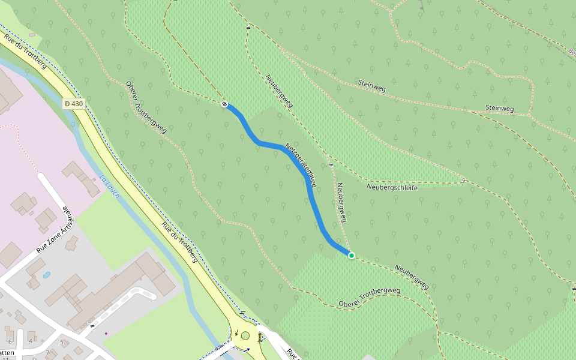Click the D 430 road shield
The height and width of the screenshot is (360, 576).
[74, 104]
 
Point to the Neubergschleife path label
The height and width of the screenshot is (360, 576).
[392, 187]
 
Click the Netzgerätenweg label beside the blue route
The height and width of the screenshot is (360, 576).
[301, 164]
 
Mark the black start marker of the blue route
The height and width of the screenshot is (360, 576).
[224, 104]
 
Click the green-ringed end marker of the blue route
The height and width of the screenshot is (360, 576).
[352, 256]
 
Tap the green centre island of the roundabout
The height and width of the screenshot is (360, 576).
[245, 335]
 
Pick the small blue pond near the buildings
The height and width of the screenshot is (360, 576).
[47, 275]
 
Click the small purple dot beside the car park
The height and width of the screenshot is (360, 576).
[106, 333]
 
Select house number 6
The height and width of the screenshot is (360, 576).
[10, 341]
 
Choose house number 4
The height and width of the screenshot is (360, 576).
[31, 341]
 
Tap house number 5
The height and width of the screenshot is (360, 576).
[61, 343]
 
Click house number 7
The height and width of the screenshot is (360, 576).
[47, 352]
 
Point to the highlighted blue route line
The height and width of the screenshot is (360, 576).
[314, 204]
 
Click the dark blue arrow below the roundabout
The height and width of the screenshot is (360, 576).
[247, 349]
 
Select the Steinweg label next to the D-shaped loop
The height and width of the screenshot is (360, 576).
[499, 109]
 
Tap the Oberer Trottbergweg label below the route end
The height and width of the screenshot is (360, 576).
[369, 297]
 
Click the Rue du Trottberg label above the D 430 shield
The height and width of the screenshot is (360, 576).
[25, 51]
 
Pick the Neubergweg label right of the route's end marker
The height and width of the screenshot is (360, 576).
[412, 277]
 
